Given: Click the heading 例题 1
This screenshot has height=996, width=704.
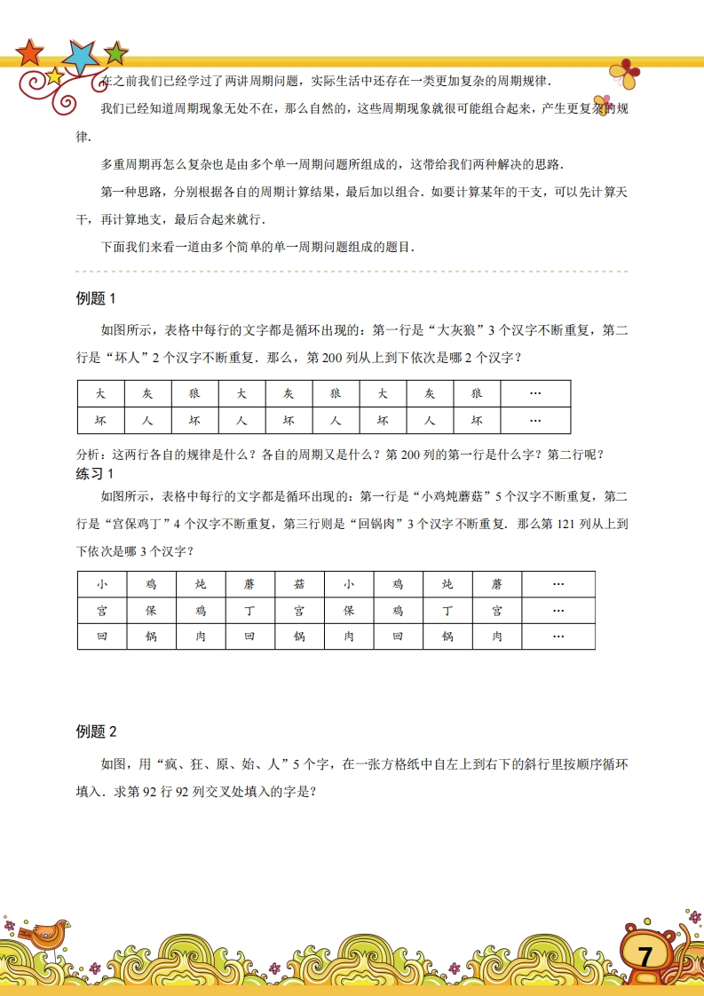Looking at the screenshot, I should tap(97, 298).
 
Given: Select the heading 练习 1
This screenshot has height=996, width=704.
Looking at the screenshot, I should tap(97, 473).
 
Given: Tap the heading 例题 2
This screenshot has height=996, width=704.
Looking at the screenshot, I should tap(97, 731).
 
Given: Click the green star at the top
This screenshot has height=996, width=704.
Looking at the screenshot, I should tap(115, 53).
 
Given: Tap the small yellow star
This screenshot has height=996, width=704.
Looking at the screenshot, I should tap(54, 75).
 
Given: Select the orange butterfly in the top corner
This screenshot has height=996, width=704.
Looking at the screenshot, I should tap(625, 75).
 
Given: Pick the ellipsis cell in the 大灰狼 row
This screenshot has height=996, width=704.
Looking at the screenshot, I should tap(535, 393).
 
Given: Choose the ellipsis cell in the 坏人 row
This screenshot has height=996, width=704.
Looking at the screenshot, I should tap(535, 420).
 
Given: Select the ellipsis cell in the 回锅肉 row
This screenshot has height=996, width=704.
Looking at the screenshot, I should tap(558, 636).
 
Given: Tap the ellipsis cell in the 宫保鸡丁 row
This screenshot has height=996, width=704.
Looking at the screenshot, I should tap(558, 611).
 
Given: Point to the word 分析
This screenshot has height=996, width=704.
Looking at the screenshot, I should tap(90, 455).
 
